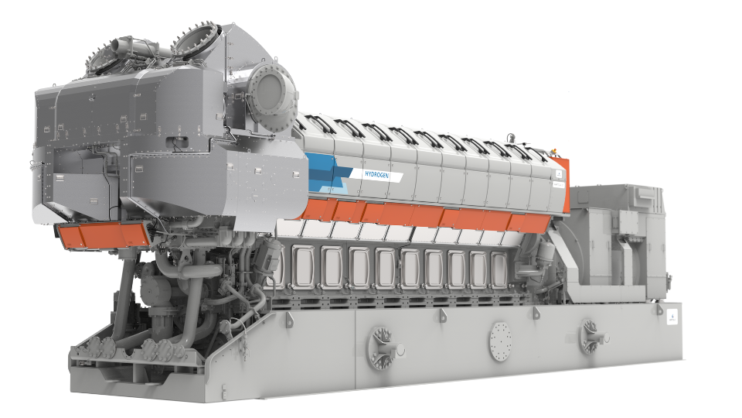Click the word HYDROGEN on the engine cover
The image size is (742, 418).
point(383,176)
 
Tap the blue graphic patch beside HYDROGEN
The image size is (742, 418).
point(328,172)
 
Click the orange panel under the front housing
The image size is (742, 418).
point(103,235)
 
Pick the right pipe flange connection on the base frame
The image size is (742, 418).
point(595,334)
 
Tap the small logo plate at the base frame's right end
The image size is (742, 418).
point(671,317)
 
